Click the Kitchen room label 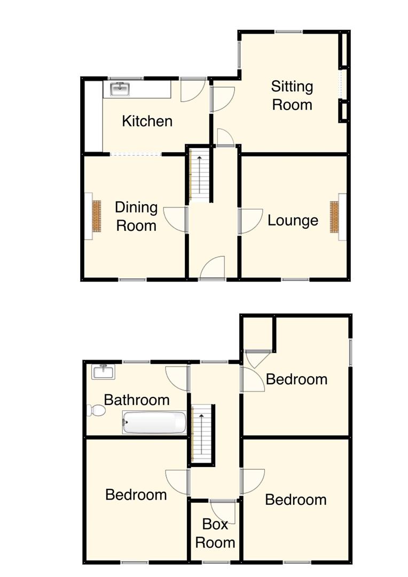point(147,121)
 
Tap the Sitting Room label point(292,95)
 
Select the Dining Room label point(136,216)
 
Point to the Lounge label point(293,220)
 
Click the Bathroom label point(137,400)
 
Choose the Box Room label point(215,533)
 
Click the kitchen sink point(120,89)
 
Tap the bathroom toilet point(96,410)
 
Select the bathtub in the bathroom point(154,423)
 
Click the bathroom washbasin point(103,371)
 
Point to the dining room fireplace point(96,216)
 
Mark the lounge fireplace point(335,217)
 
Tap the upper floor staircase point(202,433)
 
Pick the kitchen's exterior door point(192,89)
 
